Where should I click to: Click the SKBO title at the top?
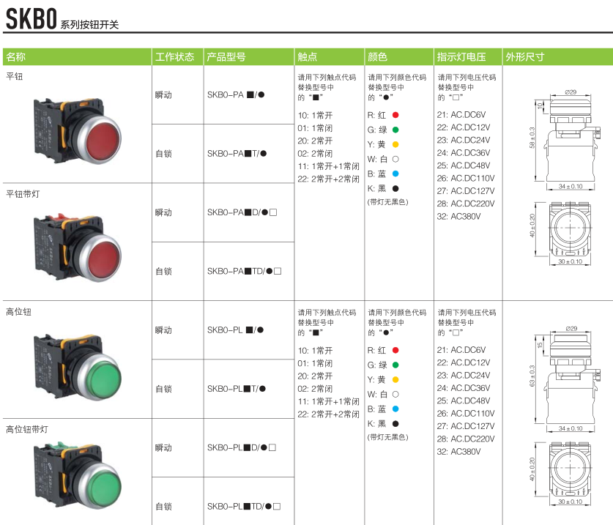pos(31,19)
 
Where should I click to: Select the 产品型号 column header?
pos(226,57)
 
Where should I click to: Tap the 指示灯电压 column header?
pos(461,57)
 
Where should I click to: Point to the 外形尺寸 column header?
pos(524,57)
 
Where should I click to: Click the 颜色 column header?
pos(377,57)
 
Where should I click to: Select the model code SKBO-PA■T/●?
pos(237,154)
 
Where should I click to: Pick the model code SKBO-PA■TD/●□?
pos(245,271)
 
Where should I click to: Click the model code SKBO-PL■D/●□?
pos(242,447)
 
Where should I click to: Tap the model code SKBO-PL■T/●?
pos(237,389)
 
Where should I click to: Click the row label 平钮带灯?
pos(23,194)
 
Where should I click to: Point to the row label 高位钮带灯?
pos(27,429)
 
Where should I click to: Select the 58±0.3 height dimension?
pos(532,138)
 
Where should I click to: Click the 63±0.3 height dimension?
pos(532,376)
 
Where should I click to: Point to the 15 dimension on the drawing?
pos(540,345)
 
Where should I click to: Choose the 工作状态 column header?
pos(174,57)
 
